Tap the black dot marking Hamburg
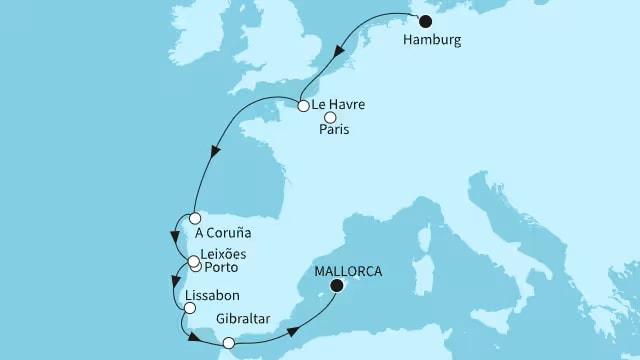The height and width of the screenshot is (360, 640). (425, 21)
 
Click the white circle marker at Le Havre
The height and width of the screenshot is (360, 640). (301, 104)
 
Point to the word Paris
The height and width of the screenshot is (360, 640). (336, 130)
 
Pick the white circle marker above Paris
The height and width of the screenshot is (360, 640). (330, 116)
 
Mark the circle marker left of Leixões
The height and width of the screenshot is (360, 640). (193, 262)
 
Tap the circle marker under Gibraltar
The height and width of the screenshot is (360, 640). (229, 343)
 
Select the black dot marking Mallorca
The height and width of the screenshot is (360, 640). (337, 286)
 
